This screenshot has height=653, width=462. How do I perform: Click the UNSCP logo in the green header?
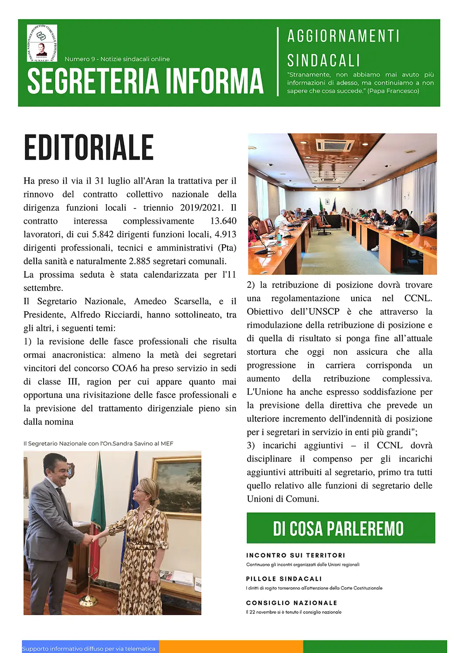42,43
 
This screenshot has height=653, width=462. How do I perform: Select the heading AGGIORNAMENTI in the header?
343,36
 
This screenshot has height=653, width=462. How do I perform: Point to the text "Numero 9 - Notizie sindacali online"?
117,59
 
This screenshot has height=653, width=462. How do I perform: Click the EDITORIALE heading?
88,148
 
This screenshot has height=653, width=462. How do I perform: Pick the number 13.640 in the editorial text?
223,221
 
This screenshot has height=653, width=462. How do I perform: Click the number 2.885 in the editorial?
142,261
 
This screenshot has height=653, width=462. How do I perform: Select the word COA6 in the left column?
124,368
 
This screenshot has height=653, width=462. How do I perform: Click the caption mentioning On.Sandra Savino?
99,444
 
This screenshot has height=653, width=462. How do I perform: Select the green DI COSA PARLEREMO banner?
341,528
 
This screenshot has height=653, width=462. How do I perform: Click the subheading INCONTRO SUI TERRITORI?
296,555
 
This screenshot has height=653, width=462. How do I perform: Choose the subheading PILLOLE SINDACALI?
284,579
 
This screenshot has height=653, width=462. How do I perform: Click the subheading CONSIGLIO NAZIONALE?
292,603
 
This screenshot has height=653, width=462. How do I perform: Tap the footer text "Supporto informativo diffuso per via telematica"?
89,649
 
